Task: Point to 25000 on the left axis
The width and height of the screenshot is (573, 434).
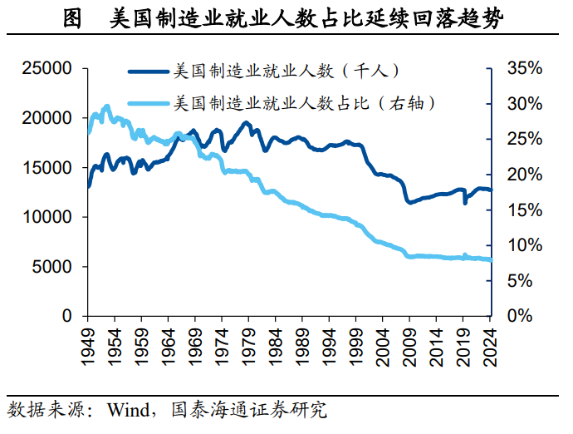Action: pyautogui.click(x=49, y=68)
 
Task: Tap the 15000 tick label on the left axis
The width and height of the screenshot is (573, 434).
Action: pyautogui.click(x=49, y=167)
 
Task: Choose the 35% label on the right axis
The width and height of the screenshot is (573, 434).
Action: pyautogui.click(x=523, y=68)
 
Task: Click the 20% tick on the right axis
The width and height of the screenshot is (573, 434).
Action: pyautogui.click(x=523, y=175)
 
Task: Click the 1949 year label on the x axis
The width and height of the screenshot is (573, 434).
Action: pyautogui.click(x=87, y=343)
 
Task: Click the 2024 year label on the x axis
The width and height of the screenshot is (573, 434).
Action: pyautogui.click(x=492, y=343)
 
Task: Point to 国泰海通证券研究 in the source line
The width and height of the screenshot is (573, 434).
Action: pyautogui.click(x=248, y=410)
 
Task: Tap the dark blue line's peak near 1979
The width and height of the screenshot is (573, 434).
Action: pyautogui.click(x=246, y=123)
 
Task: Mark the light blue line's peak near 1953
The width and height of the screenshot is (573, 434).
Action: pyautogui.click(x=107, y=106)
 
